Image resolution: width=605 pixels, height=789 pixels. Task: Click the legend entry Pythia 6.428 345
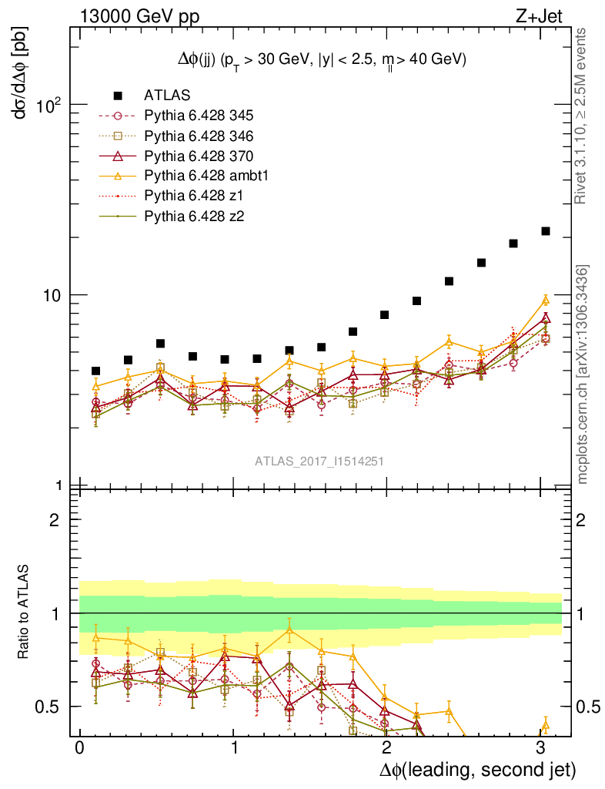[199, 116]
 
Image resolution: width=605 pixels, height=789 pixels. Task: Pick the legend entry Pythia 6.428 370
[199, 156]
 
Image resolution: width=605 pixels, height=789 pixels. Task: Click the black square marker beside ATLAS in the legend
[118, 96]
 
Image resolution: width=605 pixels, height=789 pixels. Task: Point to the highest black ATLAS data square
[546, 231]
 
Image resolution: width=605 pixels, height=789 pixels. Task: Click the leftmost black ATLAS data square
[95, 371]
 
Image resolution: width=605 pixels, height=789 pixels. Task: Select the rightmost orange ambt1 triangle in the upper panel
[546, 300]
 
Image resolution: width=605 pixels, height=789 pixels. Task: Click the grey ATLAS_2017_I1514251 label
[319, 462]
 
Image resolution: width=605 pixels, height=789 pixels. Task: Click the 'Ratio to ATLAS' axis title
[25, 611]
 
